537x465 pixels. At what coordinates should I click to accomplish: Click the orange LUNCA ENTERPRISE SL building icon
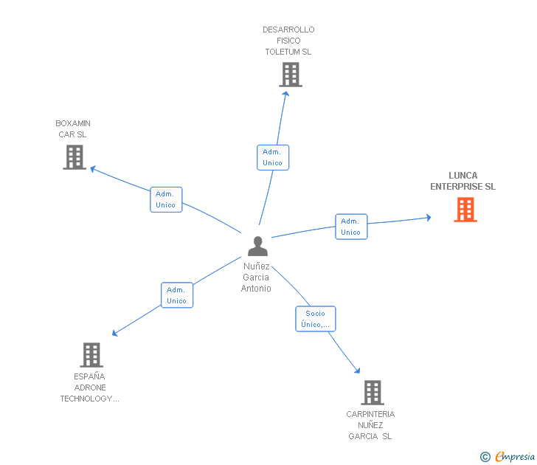pos(465,210)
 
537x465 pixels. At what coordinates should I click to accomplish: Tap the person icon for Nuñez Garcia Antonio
pos(257,246)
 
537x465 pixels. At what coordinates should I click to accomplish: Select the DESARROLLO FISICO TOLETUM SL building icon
pos(291,75)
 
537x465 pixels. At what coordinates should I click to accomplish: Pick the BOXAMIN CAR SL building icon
pos(75,157)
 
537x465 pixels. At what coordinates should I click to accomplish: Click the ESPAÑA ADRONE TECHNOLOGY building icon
pos(91,355)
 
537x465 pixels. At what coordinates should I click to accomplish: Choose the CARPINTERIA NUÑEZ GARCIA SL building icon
pos(373,393)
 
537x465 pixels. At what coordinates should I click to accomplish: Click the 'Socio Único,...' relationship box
pos(315,319)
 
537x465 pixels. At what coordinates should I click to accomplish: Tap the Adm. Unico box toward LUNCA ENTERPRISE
pos(350,227)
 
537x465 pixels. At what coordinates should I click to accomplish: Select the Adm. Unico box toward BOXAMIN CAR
pos(165,199)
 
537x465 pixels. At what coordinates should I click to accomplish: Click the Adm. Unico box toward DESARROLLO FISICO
pos(272,157)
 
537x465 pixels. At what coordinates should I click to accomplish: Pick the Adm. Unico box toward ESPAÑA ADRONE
pos(176,295)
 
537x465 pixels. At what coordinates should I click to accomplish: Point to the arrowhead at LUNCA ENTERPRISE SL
pos(429,217)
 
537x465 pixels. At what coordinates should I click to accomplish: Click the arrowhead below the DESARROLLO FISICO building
pos(286,94)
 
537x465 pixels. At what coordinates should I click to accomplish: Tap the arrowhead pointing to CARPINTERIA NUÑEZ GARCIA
pos(358,371)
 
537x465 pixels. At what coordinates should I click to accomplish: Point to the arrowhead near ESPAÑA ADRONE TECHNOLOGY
pos(115,334)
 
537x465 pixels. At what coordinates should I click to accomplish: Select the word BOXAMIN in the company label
pos(73,123)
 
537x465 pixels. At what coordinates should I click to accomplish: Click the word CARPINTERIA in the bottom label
pos(370,414)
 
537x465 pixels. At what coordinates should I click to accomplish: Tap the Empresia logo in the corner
pos(514,456)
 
